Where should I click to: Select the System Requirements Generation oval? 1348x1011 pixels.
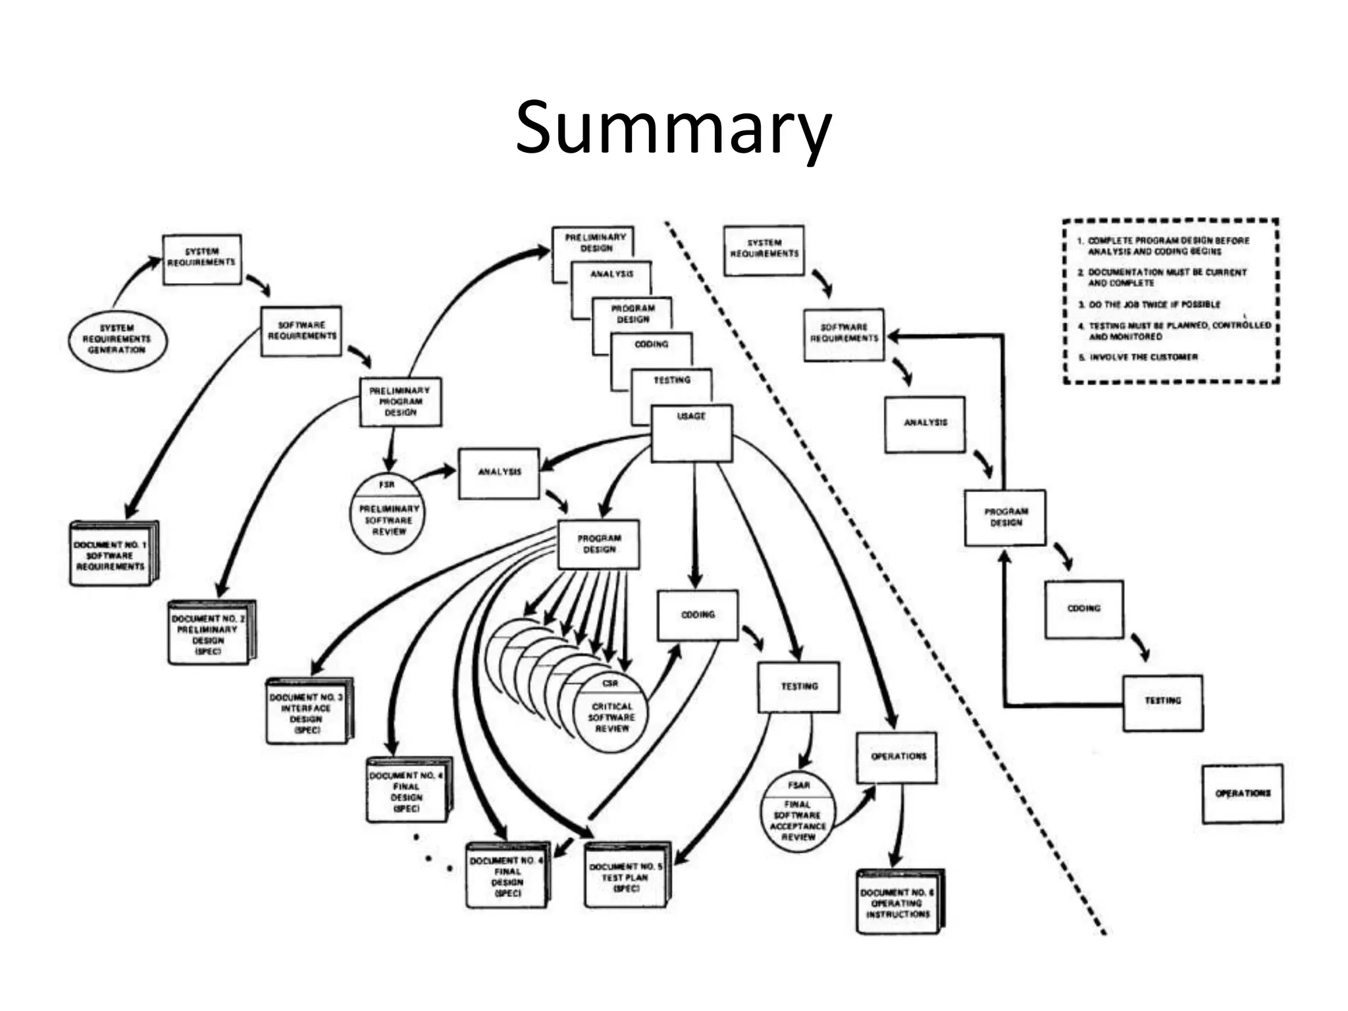tap(118, 340)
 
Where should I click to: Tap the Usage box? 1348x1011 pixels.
tap(691, 432)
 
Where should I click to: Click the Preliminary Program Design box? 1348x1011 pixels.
tap(400, 402)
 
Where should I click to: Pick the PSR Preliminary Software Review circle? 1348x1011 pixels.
tap(388, 513)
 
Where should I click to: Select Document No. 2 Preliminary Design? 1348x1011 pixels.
tap(210, 633)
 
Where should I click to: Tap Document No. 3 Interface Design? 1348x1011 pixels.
tap(307, 712)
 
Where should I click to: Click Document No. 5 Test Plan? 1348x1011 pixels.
tap(626, 875)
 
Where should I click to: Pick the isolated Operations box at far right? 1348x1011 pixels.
tap(1242, 794)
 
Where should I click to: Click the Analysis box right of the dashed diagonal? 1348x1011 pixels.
tap(925, 423)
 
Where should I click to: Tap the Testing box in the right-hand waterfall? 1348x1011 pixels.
tap(1162, 702)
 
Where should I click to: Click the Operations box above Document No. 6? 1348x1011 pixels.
tap(897, 757)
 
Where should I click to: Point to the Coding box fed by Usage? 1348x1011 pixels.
tap(698, 615)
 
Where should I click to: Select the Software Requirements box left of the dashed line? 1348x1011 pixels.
tap(301, 331)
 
